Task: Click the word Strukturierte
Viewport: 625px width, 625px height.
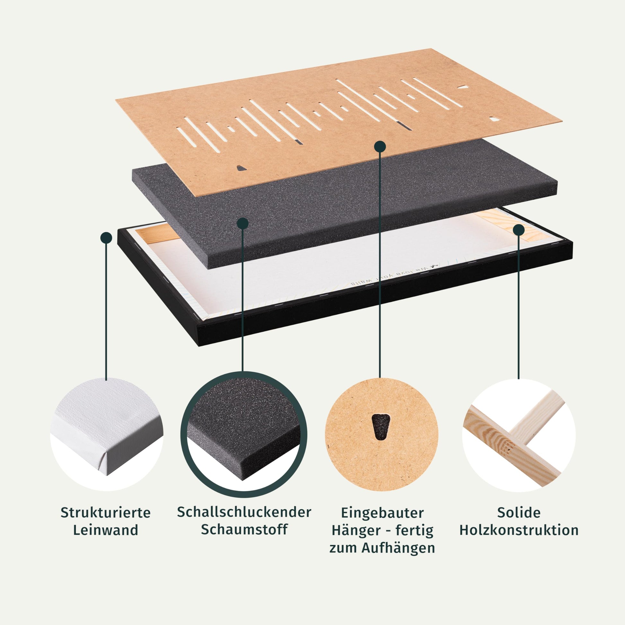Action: pyautogui.click(x=105, y=513)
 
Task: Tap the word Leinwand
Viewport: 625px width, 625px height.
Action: pyautogui.click(x=105, y=531)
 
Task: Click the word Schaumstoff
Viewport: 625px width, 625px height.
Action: pyautogui.click(x=244, y=530)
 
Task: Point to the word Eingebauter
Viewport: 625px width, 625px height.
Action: pyautogui.click(x=383, y=513)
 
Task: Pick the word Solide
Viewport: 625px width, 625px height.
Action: pyautogui.click(x=519, y=512)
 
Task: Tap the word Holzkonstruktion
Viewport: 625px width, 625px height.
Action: pyautogui.click(x=519, y=530)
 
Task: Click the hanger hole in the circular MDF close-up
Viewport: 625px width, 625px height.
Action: pyautogui.click(x=381, y=427)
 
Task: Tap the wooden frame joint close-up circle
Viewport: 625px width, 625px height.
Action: pyautogui.click(x=519, y=436)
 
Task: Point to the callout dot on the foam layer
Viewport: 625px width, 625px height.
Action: pyautogui.click(x=242, y=223)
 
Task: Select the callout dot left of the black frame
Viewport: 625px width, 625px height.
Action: pyautogui.click(x=106, y=237)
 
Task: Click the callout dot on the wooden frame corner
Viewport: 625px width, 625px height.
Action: pyautogui.click(x=519, y=230)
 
